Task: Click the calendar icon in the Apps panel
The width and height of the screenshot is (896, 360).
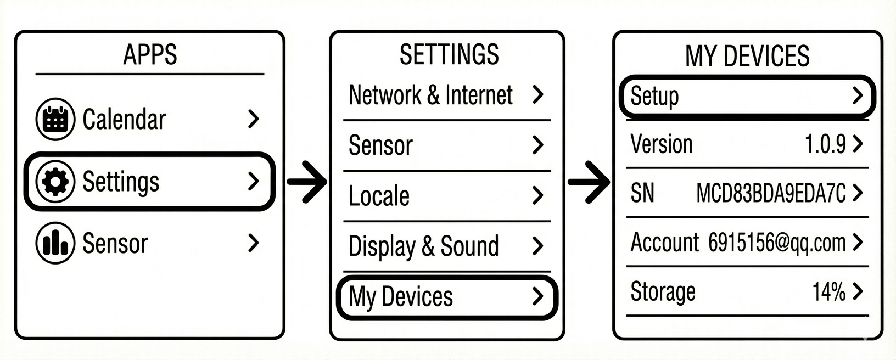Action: [55, 119]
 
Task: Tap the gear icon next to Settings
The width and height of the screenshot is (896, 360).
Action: [55, 182]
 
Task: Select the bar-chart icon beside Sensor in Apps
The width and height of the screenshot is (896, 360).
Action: [55, 243]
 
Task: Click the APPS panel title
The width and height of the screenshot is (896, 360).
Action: [150, 54]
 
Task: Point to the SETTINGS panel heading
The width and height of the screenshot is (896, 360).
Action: [449, 54]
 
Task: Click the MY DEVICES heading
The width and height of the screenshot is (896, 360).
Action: [747, 56]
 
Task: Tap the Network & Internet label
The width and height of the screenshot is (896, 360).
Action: [430, 95]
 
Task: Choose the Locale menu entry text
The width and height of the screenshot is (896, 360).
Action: [379, 196]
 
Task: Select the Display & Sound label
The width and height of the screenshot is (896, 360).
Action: [423, 246]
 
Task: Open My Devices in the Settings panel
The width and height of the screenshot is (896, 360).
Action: [401, 297]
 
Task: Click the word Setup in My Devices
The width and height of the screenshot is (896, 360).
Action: [654, 97]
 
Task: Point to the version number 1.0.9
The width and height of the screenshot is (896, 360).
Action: [825, 144]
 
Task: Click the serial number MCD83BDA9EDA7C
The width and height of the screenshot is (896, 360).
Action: [770, 193]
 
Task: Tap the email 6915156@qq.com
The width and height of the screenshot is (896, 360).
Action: [776, 242]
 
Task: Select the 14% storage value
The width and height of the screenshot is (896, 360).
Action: [828, 291]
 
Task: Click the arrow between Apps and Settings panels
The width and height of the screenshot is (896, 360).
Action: [307, 182]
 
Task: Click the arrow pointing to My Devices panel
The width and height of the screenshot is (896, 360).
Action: [589, 182]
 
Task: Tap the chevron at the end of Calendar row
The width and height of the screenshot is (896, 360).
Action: [253, 119]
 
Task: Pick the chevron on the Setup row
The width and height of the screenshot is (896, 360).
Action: [857, 96]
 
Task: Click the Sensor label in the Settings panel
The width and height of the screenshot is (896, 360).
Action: [380, 145]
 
